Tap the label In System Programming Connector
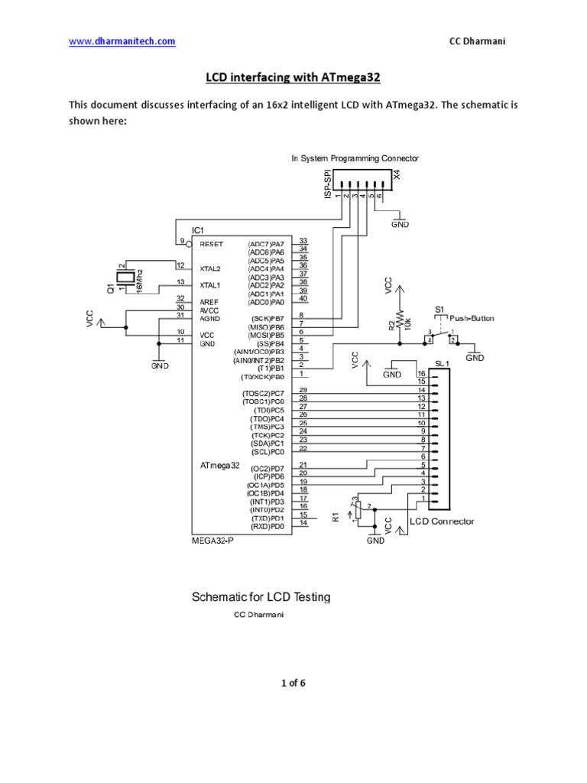(355, 158)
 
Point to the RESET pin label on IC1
(212, 245)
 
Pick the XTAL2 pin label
(210, 269)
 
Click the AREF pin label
(209, 301)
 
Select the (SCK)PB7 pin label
(267, 317)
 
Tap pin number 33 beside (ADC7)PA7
(303, 241)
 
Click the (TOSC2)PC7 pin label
(263, 393)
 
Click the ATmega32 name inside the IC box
(219, 465)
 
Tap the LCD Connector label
(442, 521)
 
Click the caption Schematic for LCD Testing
(260, 597)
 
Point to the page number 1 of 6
(293, 684)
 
